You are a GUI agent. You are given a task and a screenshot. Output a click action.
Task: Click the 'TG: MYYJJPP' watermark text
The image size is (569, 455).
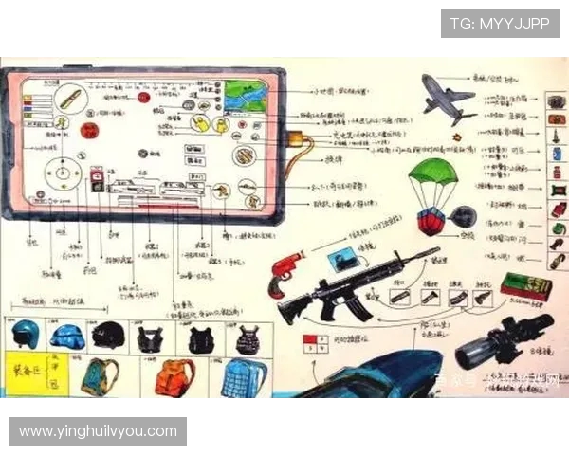pos(499,24)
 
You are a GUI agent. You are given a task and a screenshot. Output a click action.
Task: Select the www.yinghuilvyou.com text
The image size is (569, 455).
pos(98,431)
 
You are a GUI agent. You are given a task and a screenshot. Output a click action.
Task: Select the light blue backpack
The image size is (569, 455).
pos(244,377)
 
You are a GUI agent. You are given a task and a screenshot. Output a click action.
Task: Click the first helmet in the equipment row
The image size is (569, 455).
pos(26,335)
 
